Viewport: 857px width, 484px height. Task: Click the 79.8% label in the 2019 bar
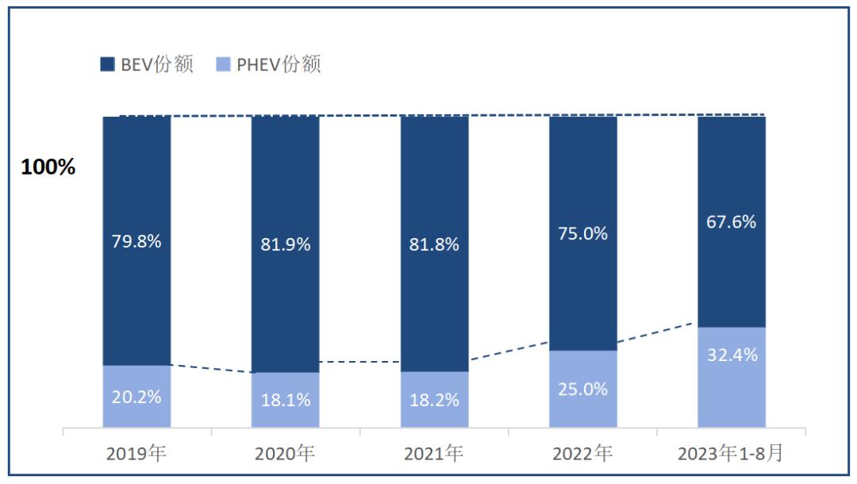click(136, 241)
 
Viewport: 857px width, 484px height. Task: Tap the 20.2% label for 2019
click(136, 396)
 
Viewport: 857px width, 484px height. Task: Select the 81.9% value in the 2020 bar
click(286, 244)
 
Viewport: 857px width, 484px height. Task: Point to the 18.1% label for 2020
click(286, 400)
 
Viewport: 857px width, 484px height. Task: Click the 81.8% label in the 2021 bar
click(434, 244)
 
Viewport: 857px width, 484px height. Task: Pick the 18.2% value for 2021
click(434, 400)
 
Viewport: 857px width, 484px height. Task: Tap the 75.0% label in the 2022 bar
click(583, 233)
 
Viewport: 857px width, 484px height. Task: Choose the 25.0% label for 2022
click(583, 389)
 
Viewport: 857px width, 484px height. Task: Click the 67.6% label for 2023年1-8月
click(732, 221)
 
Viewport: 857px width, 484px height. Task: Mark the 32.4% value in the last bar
click(732, 355)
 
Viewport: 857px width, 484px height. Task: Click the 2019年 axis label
click(136, 454)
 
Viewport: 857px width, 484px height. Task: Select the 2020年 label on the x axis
click(286, 454)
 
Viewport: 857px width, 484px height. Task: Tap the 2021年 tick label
click(434, 454)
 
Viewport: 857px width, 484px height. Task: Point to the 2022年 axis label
click(583, 454)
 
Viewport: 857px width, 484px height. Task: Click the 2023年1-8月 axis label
click(731, 454)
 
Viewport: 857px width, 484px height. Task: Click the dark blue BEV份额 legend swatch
click(107, 64)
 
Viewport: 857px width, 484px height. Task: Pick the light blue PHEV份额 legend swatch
click(223, 64)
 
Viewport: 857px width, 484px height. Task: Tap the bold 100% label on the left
click(48, 168)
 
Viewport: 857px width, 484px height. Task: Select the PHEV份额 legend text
click(279, 64)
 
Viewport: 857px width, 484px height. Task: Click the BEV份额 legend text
click(157, 64)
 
